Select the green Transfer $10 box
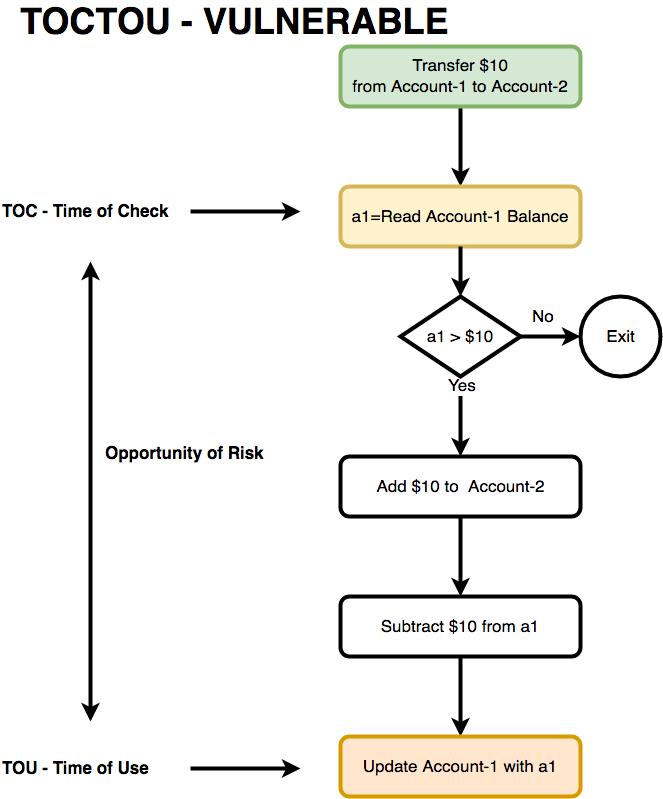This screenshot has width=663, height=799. pos(460,76)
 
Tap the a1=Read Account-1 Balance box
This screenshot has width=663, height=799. pos(460,216)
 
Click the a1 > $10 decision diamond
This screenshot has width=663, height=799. pos(460,337)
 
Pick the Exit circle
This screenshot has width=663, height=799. pos(620,337)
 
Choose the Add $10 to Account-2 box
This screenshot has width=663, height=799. pos(460,487)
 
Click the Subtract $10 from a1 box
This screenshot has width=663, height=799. pos(460,627)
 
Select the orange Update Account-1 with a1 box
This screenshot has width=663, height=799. pos(460,767)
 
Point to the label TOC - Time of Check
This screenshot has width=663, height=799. pos(86,211)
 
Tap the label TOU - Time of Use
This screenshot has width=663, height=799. pos(76,768)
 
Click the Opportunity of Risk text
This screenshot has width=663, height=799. pos(184,453)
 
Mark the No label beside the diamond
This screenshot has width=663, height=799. pos(542,317)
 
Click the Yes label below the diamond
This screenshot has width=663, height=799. pos(462,386)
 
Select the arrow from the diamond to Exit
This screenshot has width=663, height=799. pos(550,337)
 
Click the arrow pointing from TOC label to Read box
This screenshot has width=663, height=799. pos(245,211)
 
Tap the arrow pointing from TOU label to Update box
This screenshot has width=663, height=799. pos(245,768)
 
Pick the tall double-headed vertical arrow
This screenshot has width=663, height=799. pos(91,490)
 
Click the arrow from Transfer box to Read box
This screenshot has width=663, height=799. pos(460,145)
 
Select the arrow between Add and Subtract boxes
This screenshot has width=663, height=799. pos(460,557)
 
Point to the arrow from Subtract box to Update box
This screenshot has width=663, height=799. pos(460,697)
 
